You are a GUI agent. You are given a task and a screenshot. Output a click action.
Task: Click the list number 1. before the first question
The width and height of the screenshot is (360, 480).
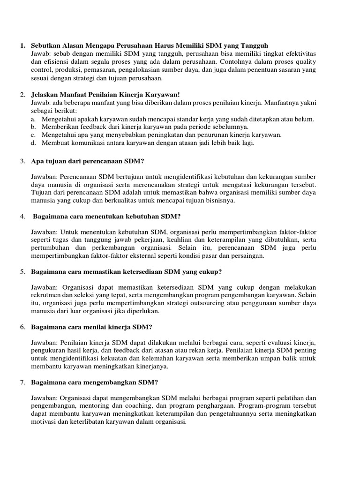click(22, 45)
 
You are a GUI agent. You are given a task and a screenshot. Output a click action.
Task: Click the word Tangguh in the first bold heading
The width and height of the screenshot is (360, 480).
click(253, 45)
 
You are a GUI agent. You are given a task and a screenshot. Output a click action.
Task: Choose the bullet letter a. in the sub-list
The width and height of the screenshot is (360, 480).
click(33, 119)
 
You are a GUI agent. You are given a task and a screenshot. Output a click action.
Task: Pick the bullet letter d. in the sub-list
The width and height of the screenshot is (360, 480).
click(33, 143)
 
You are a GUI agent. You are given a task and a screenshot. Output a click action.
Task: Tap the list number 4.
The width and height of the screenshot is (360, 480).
click(22, 216)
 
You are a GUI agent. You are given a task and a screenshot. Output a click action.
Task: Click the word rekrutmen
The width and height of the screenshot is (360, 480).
click(46, 295)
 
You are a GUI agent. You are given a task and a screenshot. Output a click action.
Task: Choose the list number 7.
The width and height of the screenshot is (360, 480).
click(22, 382)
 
